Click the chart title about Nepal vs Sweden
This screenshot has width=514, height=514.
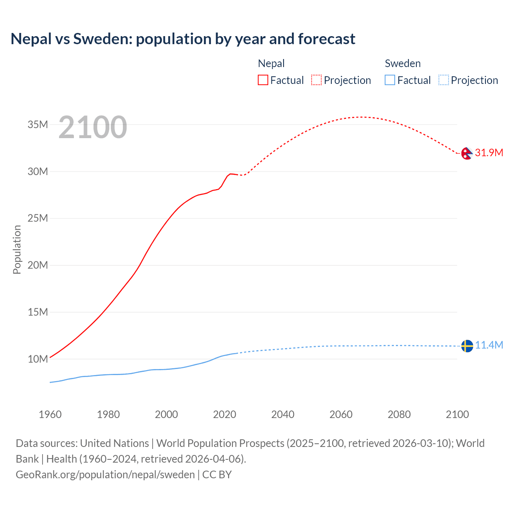pos(183,39)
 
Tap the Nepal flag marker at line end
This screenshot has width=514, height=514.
pos(467,153)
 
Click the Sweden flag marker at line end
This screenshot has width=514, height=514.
pos(467,346)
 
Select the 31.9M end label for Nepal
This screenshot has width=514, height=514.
pos(489,153)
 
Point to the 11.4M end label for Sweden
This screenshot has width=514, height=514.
pos(489,345)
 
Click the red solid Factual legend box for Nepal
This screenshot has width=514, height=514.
pos(263,80)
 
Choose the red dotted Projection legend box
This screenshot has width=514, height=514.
pos(316,80)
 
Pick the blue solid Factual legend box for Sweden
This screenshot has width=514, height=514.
pos(390,80)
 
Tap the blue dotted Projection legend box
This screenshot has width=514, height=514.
pos(444,80)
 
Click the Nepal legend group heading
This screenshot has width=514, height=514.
pos(271,63)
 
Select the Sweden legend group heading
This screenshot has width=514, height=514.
pos(403,63)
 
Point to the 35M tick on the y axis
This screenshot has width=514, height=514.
pos(38,125)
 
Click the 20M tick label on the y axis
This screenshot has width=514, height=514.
pos(38,265)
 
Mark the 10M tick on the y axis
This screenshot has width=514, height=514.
pos(38,359)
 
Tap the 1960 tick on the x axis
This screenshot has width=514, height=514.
pos(50,414)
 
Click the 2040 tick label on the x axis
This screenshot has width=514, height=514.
pos(283,414)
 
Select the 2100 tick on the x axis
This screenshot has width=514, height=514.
pos(457,414)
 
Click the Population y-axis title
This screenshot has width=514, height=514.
pos(17,249)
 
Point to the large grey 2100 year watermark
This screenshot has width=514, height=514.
pos(93,127)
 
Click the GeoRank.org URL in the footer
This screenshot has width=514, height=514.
pos(105,475)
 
